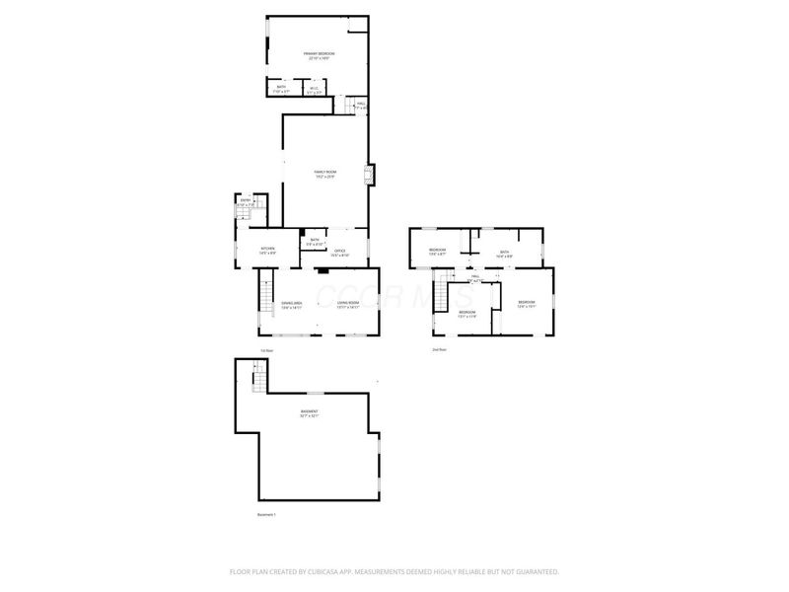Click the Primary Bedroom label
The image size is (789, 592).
(319, 55)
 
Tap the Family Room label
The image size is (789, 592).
(325, 175)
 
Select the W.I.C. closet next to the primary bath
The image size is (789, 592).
(313, 90)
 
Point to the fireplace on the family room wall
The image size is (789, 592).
(370, 176)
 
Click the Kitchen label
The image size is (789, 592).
(267, 251)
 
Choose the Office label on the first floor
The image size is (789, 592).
(339, 253)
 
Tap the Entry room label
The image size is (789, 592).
(246, 202)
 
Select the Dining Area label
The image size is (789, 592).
(291, 305)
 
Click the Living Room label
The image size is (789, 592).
(348, 305)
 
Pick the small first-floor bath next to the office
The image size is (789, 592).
(315, 241)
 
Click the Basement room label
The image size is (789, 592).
(310, 413)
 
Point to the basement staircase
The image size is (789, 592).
(259, 378)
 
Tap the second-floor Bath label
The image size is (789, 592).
(504, 254)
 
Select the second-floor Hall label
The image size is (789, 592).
(474, 277)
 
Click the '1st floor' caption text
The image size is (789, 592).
(265, 350)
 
